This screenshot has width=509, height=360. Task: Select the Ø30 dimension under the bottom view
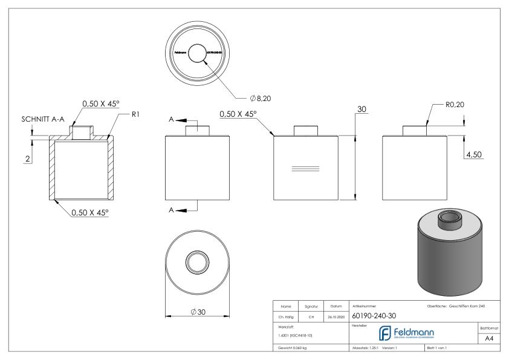[196, 312]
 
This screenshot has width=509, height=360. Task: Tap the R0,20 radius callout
[455, 104]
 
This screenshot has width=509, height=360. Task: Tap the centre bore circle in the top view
[196, 53]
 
